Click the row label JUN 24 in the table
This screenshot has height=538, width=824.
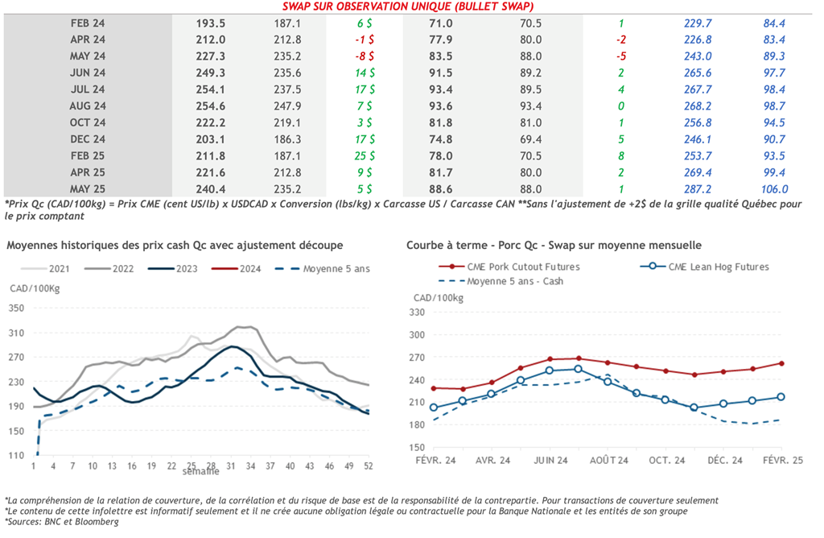(88, 72)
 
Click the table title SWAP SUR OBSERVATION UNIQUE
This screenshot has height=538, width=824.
(411, 6)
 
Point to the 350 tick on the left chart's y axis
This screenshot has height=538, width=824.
(17, 308)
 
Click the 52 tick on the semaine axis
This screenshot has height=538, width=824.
(369, 466)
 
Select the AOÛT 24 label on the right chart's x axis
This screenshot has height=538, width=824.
(608, 460)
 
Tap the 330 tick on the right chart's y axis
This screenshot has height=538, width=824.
(418, 312)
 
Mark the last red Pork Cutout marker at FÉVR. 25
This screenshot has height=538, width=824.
(781, 363)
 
